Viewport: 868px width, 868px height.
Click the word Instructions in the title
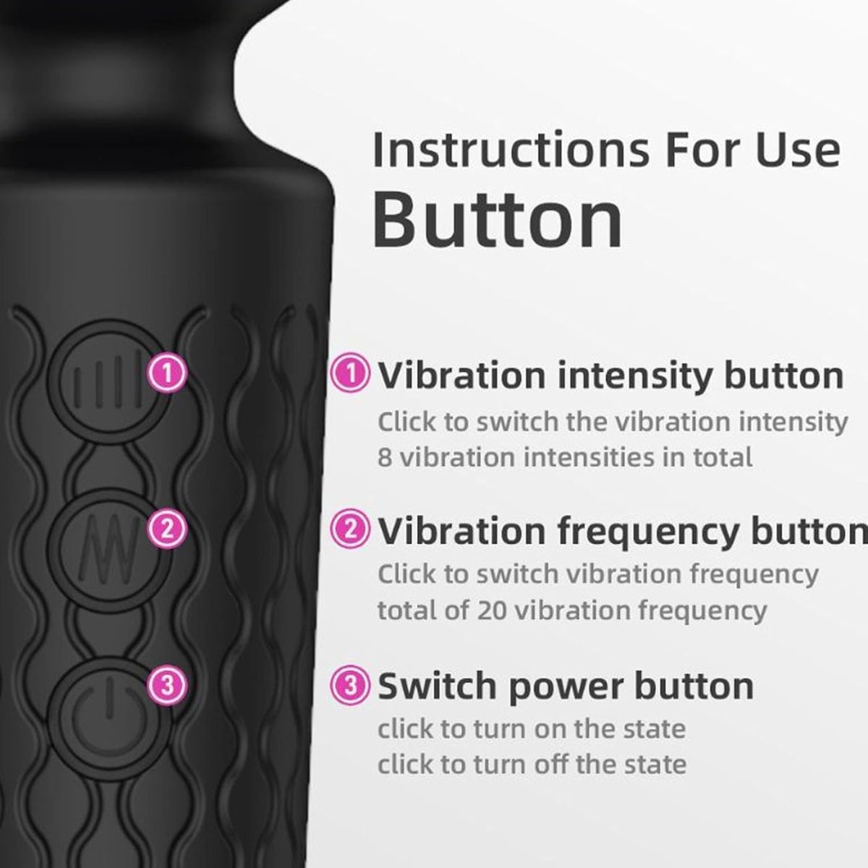tap(511, 150)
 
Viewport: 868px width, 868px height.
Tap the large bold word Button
tap(497, 219)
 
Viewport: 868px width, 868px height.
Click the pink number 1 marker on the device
tap(167, 373)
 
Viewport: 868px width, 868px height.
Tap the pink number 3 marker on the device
tap(167, 685)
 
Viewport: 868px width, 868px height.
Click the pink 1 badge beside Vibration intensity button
tap(350, 374)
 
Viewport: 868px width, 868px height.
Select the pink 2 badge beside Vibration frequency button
tap(350, 529)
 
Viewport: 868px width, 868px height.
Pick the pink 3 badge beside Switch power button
tap(350, 686)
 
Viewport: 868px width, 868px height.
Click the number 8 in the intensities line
tap(384, 458)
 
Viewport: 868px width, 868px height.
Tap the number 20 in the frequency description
tap(492, 611)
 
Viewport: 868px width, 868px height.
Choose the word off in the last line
tap(555, 764)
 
